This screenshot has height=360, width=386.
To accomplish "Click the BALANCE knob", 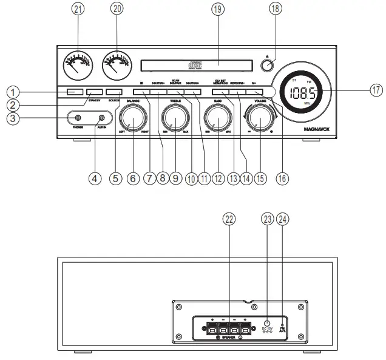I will tap(134, 117).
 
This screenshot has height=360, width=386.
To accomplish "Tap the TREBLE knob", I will tap(175, 117).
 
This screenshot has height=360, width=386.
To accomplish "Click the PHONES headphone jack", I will tap(78, 117).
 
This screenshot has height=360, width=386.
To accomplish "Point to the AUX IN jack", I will tap(101, 117).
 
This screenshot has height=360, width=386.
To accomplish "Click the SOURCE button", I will tap(113, 92).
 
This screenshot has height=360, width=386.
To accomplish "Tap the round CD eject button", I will tap(270, 64).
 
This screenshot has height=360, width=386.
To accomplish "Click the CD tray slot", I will tap(196, 63).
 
